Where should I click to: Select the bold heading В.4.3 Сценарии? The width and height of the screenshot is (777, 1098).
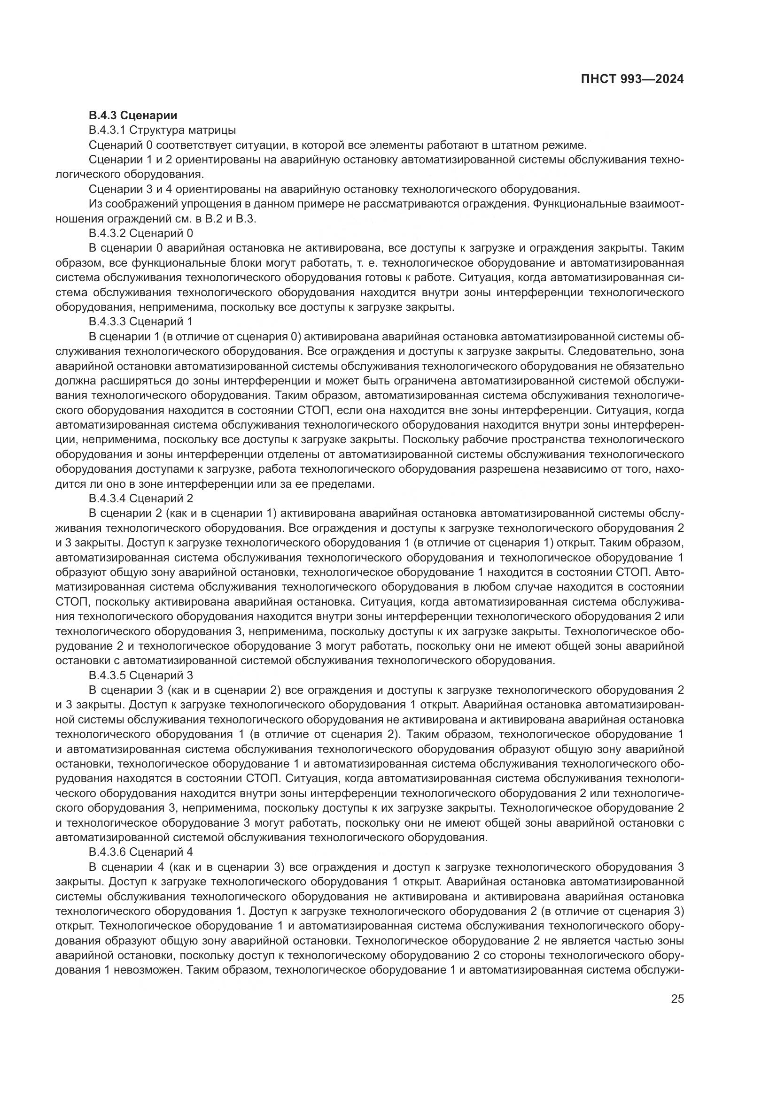(133, 115)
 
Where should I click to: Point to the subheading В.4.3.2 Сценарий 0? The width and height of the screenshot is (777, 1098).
(141, 233)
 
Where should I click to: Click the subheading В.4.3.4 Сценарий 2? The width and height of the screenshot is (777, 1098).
(141, 499)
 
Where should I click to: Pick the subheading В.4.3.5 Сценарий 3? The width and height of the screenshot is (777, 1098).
(141, 675)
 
